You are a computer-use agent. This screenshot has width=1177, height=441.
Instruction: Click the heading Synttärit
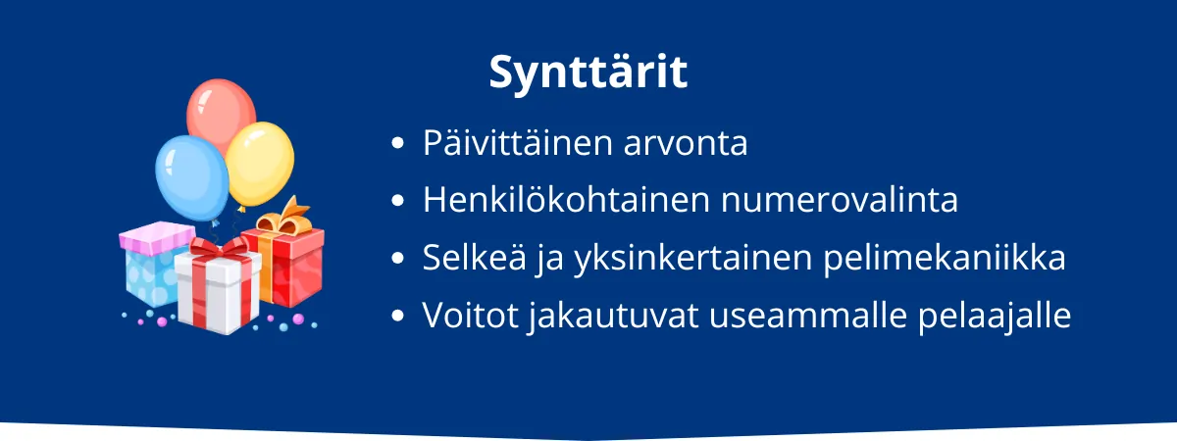click(588, 73)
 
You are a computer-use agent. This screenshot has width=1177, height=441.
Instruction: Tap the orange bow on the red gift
click(280, 219)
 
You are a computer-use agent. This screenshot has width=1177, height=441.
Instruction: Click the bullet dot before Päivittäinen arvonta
click(398, 144)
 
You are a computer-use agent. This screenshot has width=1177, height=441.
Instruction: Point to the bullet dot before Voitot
click(398, 317)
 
